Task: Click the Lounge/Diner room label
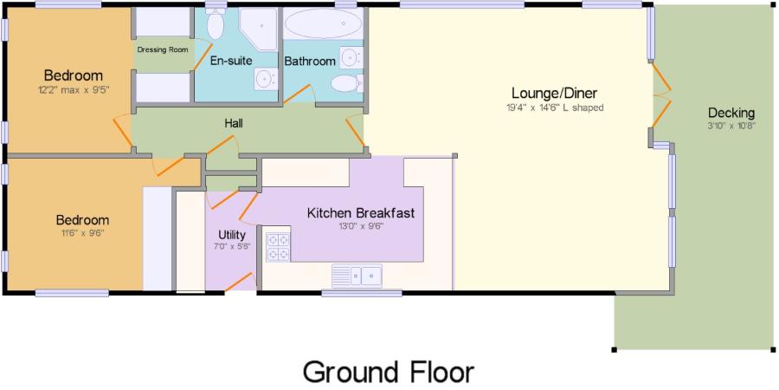555,93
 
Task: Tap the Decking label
731,113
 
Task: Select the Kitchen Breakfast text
361,213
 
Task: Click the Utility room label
232,234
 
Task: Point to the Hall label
234,123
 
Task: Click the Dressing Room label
163,49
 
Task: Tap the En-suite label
231,61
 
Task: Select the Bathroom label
310,62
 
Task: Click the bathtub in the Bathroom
324,23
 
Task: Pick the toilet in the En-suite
216,23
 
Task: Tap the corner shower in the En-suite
258,29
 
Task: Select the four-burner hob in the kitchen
278,247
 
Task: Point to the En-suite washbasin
266,79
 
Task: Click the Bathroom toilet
347,83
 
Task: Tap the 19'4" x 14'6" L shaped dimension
553,107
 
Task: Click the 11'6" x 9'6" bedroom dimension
82,232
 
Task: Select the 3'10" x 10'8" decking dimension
731,126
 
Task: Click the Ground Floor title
389,373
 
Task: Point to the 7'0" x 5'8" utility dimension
232,246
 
